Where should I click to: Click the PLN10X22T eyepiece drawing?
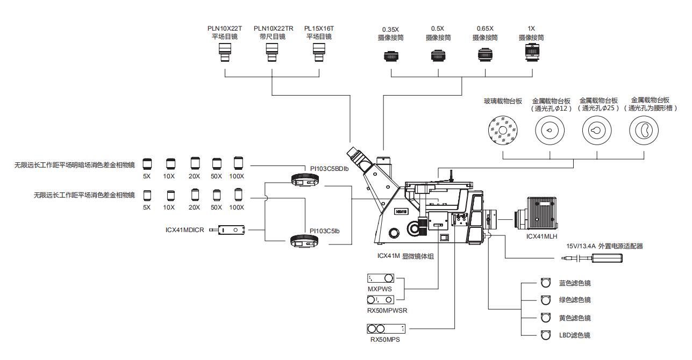point(225,53)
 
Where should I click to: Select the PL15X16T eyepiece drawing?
point(319,53)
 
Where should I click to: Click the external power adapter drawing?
point(607,258)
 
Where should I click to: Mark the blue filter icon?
point(546,283)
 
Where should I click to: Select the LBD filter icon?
point(546,335)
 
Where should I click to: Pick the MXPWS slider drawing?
point(381,278)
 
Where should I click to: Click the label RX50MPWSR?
point(387,311)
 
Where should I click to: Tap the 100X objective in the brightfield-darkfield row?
point(239,163)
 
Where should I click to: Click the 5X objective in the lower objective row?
point(147,195)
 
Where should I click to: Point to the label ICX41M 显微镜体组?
point(405,256)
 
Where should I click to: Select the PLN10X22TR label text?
point(273,28)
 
